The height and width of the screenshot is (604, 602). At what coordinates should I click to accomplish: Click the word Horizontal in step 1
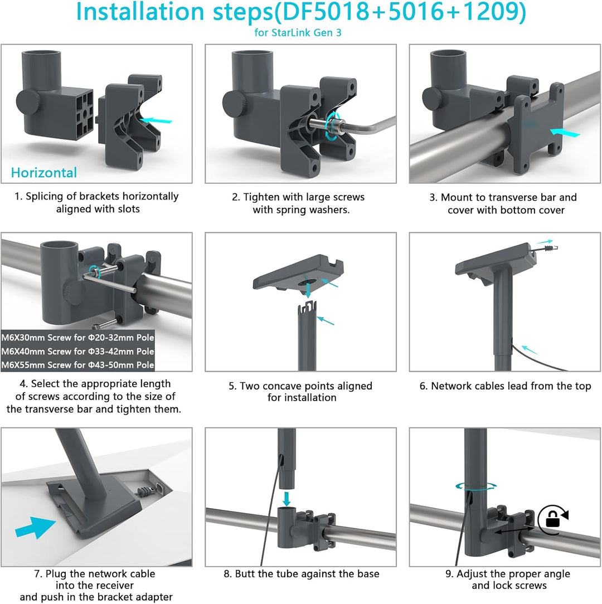click(x=44, y=173)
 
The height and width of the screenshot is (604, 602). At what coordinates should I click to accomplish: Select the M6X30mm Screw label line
click(x=77, y=338)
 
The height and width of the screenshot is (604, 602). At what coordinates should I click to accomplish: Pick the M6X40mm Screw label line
click(x=77, y=352)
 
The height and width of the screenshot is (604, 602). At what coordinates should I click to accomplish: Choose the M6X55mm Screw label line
click(x=77, y=366)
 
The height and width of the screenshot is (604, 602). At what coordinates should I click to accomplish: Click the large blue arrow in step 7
click(x=35, y=527)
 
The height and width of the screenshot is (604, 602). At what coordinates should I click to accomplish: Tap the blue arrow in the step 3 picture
click(x=564, y=132)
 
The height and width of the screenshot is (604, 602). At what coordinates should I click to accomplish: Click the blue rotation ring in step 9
click(x=474, y=486)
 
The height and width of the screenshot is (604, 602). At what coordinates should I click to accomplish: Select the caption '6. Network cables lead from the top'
click(x=505, y=386)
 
